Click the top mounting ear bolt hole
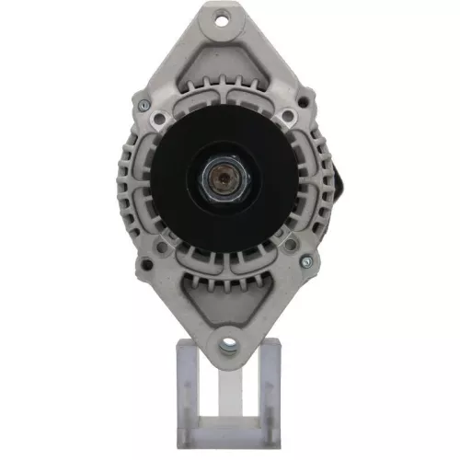coord(223,17)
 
